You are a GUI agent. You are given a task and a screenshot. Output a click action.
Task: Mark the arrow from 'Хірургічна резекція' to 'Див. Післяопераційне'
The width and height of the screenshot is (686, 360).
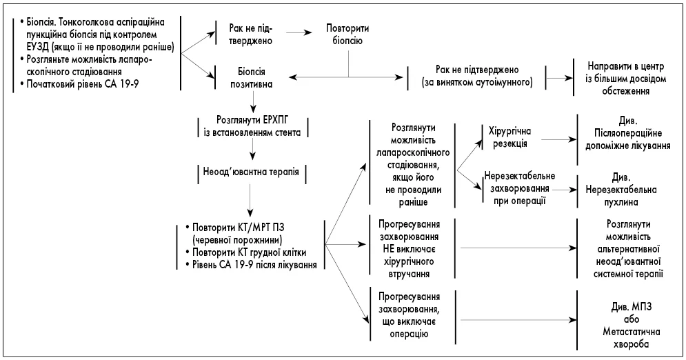tap(560, 139)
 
